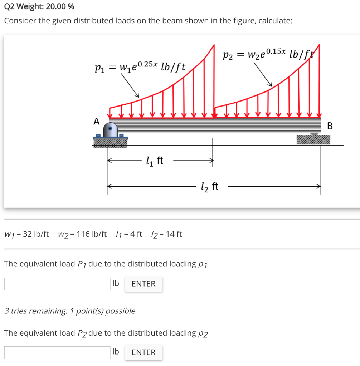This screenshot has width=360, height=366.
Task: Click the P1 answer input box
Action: [x=57, y=284]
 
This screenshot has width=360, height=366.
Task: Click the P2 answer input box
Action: [x=57, y=352]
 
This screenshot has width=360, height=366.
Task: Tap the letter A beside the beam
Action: [x=96, y=122]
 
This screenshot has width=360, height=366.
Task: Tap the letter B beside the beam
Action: [x=330, y=126]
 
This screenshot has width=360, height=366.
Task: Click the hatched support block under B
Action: [x=313, y=140]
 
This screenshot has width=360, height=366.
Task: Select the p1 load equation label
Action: [x=140, y=66]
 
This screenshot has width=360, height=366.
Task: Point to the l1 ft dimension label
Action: [x=155, y=161]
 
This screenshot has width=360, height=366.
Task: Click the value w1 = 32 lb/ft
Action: [x=26, y=234]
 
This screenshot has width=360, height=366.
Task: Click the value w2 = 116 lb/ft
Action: [x=82, y=234]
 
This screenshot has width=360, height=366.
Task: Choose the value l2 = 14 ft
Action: [x=166, y=234]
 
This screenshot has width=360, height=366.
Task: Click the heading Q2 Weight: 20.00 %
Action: [x=39, y=6]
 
